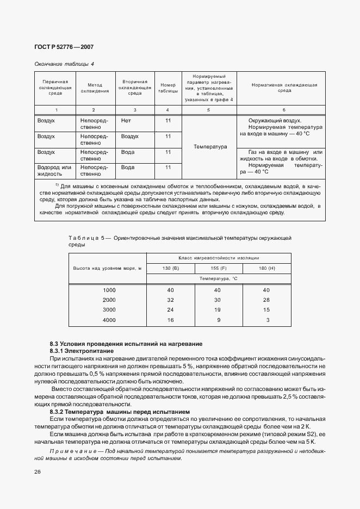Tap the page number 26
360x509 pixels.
(x=38, y=471)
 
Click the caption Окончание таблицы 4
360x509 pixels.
(x=64, y=64)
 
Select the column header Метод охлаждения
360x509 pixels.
(x=95, y=89)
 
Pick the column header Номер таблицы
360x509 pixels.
(x=168, y=89)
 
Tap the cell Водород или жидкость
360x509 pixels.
(x=55, y=171)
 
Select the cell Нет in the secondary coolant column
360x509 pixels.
(x=126, y=120)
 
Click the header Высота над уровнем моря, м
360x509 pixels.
(x=107, y=268)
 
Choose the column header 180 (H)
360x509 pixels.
(x=267, y=268)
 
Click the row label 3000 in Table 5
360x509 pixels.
(x=109, y=310)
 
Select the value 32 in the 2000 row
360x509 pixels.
(x=171, y=300)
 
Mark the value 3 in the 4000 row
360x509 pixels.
(x=268, y=320)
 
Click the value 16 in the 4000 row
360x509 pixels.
(x=171, y=320)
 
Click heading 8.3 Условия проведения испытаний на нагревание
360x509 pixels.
(x=126, y=344)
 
